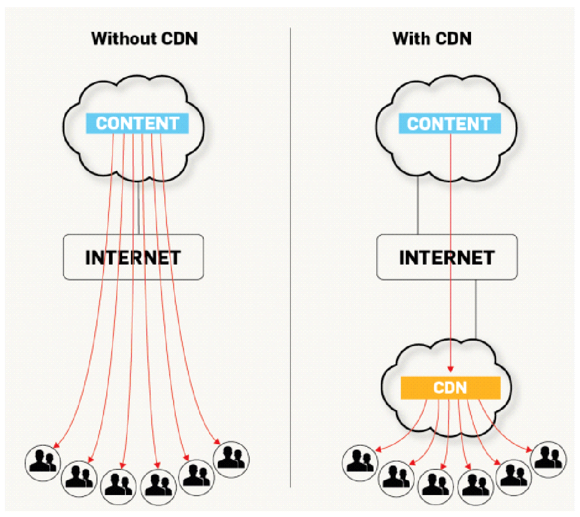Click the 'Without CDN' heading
pyautogui.click(x=145, y=38)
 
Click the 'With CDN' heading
pyautogui.click(x=432, y=38)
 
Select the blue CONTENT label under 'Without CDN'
pyautogui.click(x=137, y=124)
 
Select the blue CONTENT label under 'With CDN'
pyautogui.click(x=450, y=124)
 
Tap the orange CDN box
pyautogui.click(x=451, y=388)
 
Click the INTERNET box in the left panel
pyautogui.click(x=134, y=257)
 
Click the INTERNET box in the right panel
pyautogui.click(x=447, y=257)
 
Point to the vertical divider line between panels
pyautogui.click(x=290, y=257)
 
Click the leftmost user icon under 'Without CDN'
pyautogui.click(x=43, y=463)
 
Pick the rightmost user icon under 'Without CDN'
pyautogui.click(x=231, y=459)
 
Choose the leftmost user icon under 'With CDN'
pyautogui.click(x=360, y=463)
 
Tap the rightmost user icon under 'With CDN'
pyautogui.click(x=548, y=459)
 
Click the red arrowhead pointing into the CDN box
pyautogui.click(x=451, y=369)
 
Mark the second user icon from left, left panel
pyautogui.click(x=79, y=479)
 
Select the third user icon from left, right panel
pyautogui.click(x=436, y=487)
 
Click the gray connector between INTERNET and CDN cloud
pyautogui.click(x=476, y=309)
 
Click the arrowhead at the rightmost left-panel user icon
pyautogui.click(x=217, y=441)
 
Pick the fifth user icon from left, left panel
pyautogui.click(x=197, y=478)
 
